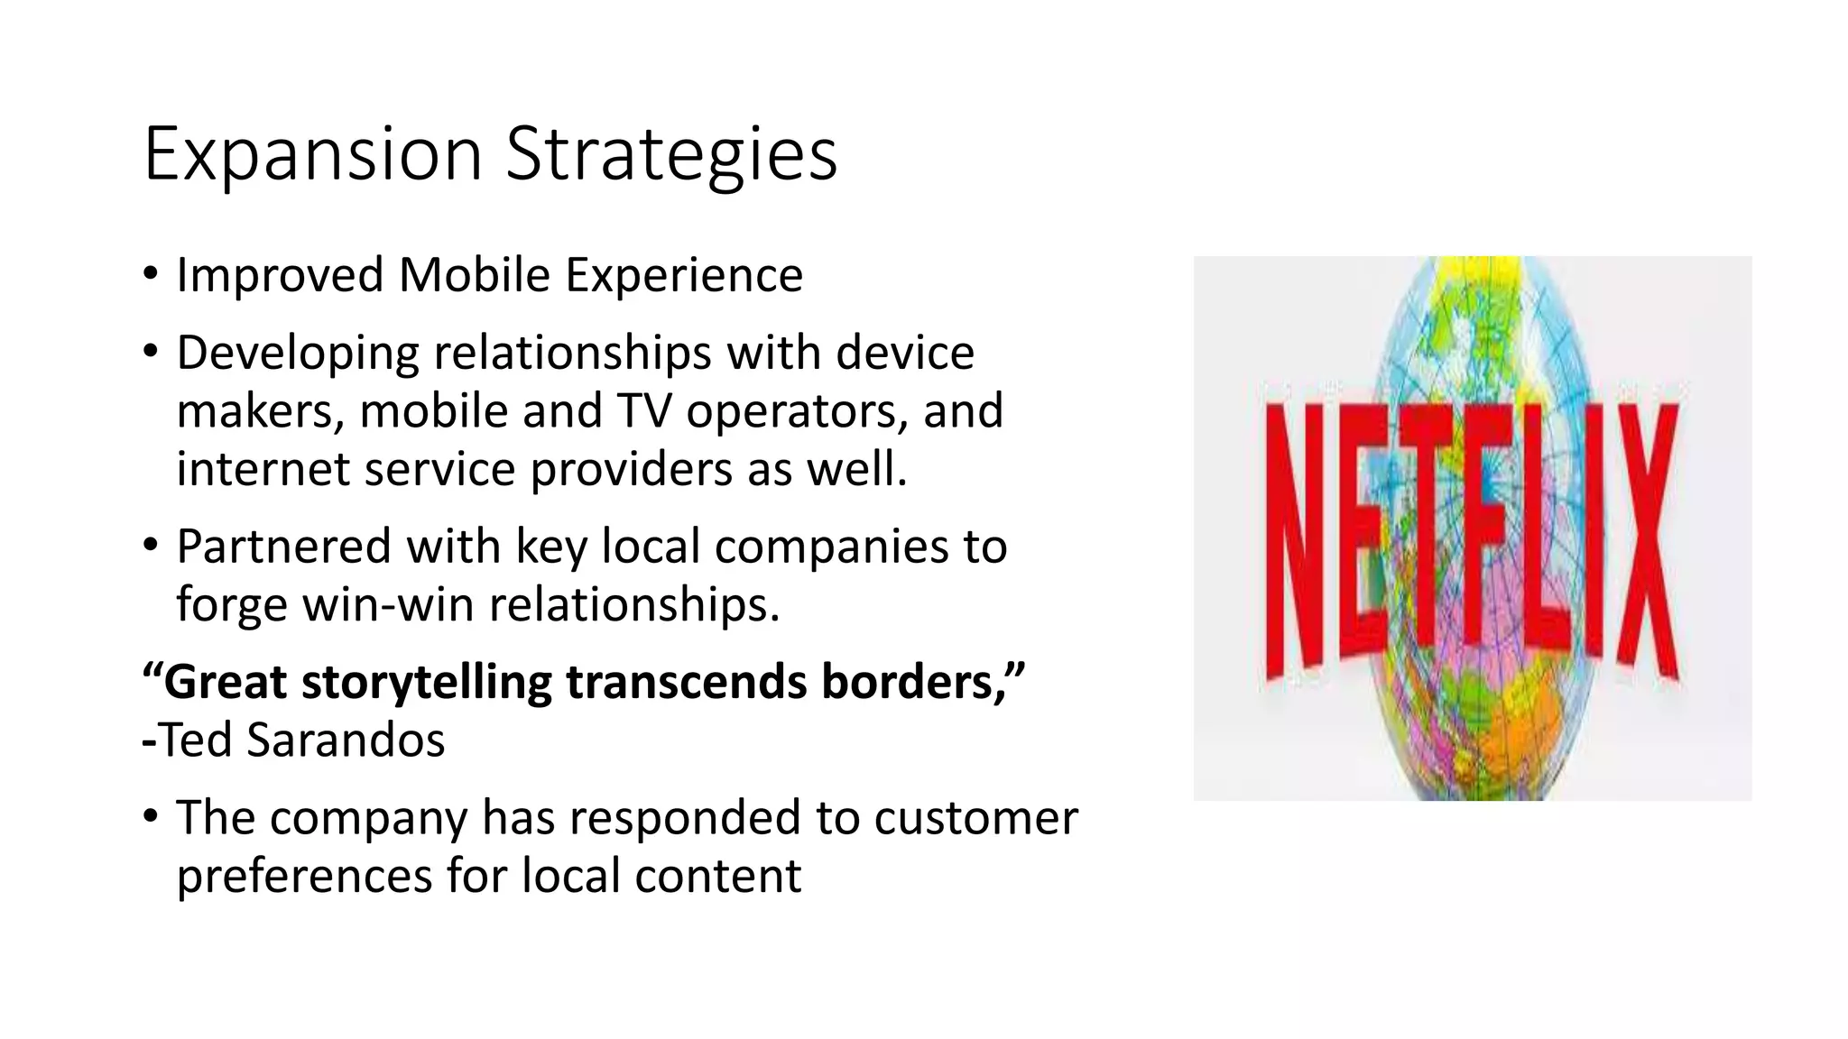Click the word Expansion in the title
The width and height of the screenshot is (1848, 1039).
312,155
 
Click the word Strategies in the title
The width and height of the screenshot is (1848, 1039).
671,155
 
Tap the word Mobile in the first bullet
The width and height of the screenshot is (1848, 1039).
474,275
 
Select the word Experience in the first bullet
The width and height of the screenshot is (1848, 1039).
684,275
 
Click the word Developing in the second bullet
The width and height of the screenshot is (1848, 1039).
297,353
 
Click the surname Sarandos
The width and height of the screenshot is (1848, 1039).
346,740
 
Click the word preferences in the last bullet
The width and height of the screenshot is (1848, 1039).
304,876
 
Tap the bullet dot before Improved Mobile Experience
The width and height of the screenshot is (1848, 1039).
151,274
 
